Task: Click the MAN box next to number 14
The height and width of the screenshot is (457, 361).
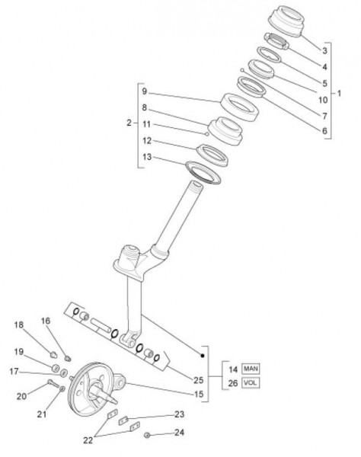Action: tap(251, 369)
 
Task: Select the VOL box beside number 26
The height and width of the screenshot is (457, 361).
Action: tap(251, 382)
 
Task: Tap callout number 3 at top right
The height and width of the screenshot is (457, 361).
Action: tap(324, 51)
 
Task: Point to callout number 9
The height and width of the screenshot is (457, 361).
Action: tap(145, 91)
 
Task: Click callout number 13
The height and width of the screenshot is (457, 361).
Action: tap(147, 157)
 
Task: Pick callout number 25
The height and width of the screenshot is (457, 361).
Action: tap(199, 380)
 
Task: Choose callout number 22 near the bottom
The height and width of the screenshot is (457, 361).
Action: tap(88, 440)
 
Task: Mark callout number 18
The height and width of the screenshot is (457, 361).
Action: tap(19, 324)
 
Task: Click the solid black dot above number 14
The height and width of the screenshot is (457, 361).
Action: tap(203, 356)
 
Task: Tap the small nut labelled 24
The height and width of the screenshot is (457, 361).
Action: tap(147, 435)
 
